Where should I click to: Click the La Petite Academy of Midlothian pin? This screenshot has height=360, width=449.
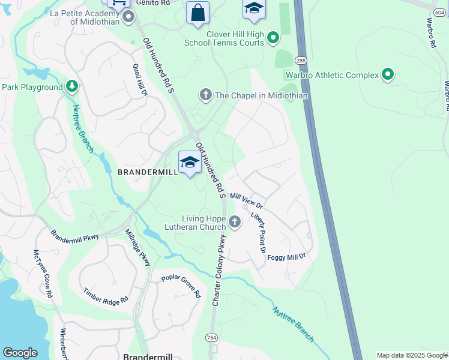pos(128,17)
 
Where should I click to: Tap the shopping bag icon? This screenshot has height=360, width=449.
pos(197,13)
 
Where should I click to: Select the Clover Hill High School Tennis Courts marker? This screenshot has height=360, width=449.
pos(273,38)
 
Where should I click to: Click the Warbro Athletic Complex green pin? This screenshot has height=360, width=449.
pos(388,75)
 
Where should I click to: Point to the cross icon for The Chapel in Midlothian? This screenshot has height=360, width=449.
pos(206,95)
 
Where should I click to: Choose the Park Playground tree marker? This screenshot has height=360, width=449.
pos(72,87)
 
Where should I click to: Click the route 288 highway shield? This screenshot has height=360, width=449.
pos(301,60)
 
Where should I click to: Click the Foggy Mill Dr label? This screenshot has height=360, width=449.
pos(286,256)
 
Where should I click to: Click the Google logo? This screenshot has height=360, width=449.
pos(20,353)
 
